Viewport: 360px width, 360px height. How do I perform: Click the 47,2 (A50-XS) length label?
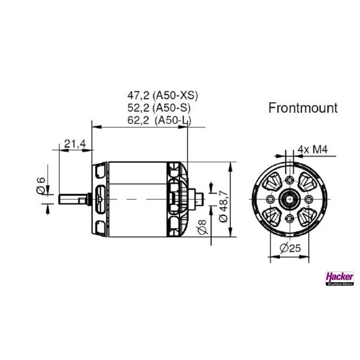(162, 96)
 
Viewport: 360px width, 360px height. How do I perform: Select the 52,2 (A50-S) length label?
(159, 108)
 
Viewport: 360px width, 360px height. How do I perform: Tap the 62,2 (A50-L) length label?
(159, 120)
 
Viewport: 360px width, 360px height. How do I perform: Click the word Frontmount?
(303, 108)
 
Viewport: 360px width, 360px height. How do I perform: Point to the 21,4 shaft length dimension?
(75, 144)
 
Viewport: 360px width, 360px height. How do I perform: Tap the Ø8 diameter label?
(202, 227)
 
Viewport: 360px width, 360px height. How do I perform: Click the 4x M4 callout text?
(312, 150)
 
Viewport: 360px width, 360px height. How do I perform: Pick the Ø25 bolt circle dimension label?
(290, 248)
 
